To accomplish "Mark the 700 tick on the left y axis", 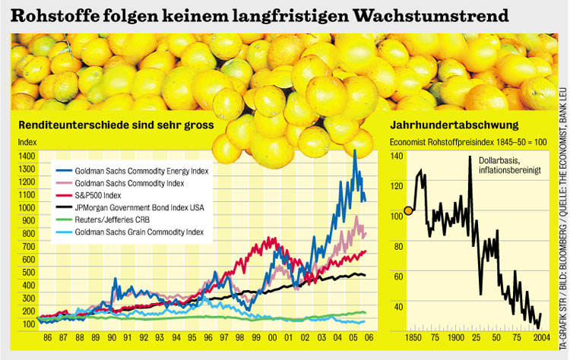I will pyautogui.click(x=27, y=246).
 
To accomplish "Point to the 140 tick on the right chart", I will pyautogui.click(x=396, y=156).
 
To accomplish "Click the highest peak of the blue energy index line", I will pyautogui.click(x=354, y=151).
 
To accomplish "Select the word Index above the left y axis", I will pyautogui.click(x=27, y=141).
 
